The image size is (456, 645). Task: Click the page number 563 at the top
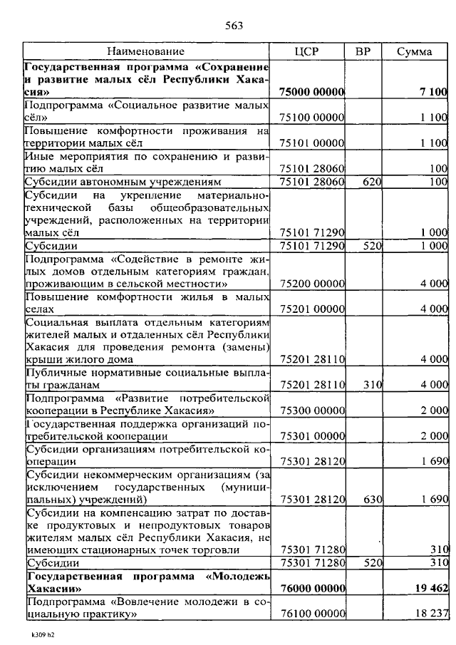pyautogui.click(x=234, y=26)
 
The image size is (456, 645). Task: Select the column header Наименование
pyautogui.click(x=146, y=51)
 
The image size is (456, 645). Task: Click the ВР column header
pyautogui.click(x=363, y=51)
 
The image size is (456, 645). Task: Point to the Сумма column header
pyautogui.click(x=415, y=51)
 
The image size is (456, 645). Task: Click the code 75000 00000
pyautogui.click(x=312, y=92)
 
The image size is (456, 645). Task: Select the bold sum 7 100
pyautogui.click(x=433, y=92)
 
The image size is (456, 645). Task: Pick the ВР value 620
pyautogui.click(x=371, y=182)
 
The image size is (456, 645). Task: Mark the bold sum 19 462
pyautogui.click(x=428, y=590)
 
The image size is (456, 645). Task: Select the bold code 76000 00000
pyautogui.click(x=312, y=590)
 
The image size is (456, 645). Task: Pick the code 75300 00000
pyautogui.click(x=312, y=411)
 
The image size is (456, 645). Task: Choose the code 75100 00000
pyautogui.click(x=312, y=117)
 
